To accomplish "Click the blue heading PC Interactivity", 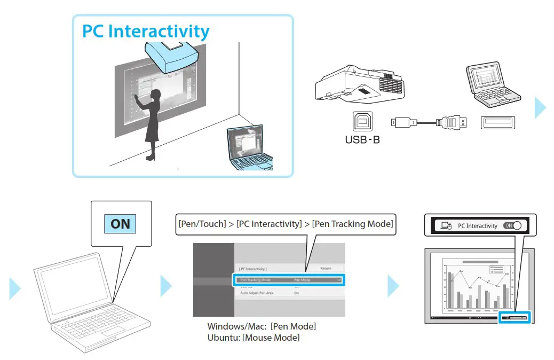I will click(145, 31).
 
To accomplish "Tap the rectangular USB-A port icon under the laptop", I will click(497, 122).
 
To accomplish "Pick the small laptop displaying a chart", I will click(489, 85).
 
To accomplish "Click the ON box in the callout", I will click(120, 224).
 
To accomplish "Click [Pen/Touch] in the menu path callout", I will click(202, 224).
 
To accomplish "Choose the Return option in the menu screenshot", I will click(326, 268).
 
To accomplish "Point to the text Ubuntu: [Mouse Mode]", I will click(253, 338).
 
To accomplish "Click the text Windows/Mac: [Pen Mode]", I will click(261, 326).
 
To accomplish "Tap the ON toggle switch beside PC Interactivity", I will click(512, 226).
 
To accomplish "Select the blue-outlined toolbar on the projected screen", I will click(515, 317).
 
